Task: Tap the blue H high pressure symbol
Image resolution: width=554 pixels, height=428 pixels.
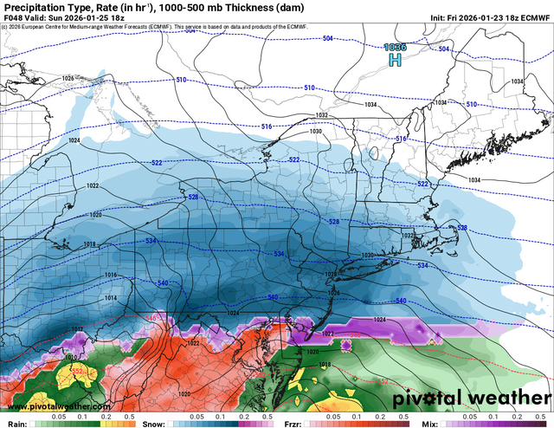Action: (395, 62)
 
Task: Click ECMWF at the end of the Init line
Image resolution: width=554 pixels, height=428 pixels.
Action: (531, 23)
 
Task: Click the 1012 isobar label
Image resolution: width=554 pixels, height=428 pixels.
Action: (77, 329)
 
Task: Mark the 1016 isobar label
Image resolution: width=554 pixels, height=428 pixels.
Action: (110, 275)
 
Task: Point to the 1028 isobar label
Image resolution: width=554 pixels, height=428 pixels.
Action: (330, 274)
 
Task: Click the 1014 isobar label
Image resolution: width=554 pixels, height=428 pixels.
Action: (110, 297)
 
